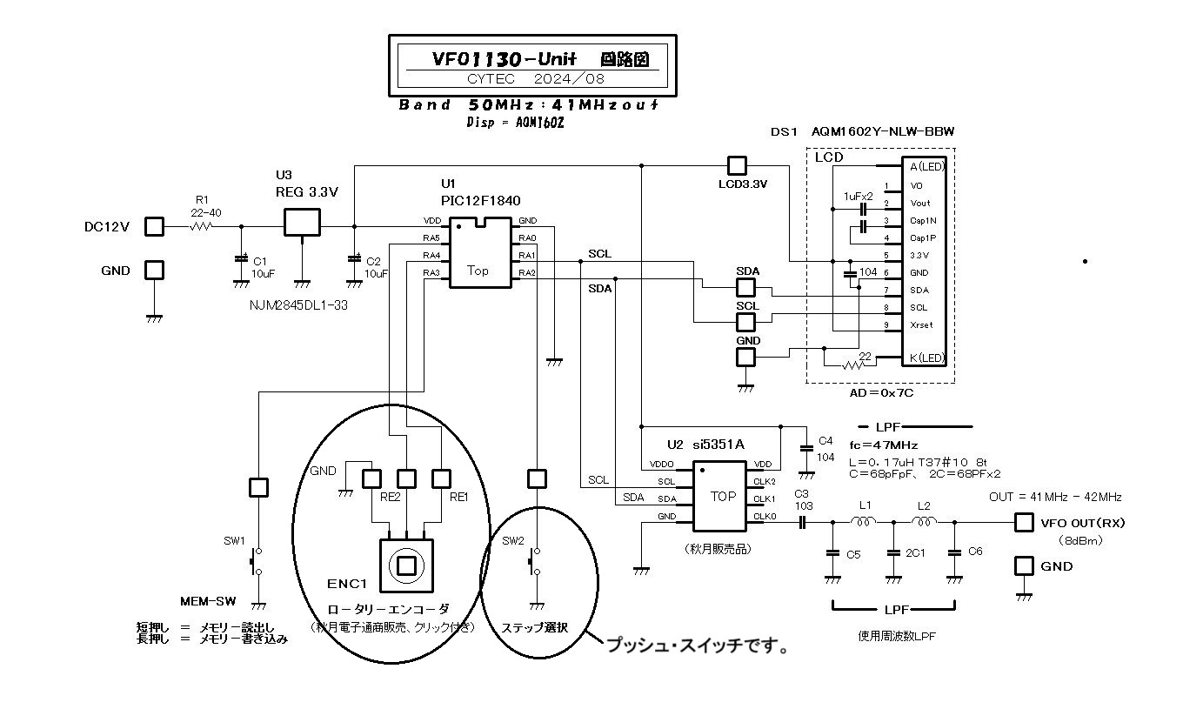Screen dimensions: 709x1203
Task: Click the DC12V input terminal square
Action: click(x=154, y=226)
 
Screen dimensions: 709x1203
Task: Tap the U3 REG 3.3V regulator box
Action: click(x=302, y=222)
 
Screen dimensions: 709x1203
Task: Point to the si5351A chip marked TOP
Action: click(x=723, y=497)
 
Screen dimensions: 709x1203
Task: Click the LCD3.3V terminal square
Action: click(x=737, y=165)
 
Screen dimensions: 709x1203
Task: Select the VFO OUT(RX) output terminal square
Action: click(x=1024, y=523)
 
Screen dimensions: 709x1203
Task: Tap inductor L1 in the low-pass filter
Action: click(x=865, y=522)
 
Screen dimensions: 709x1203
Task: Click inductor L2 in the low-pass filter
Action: click(x=925, y=522)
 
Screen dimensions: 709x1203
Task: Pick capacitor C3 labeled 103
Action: click(x=803, y=522)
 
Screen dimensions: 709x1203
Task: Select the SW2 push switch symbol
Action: click(x=536, y=561)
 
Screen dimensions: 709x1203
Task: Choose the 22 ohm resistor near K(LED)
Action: click(x=852, y=362)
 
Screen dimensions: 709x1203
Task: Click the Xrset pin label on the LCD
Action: click(x=920, y=324)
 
